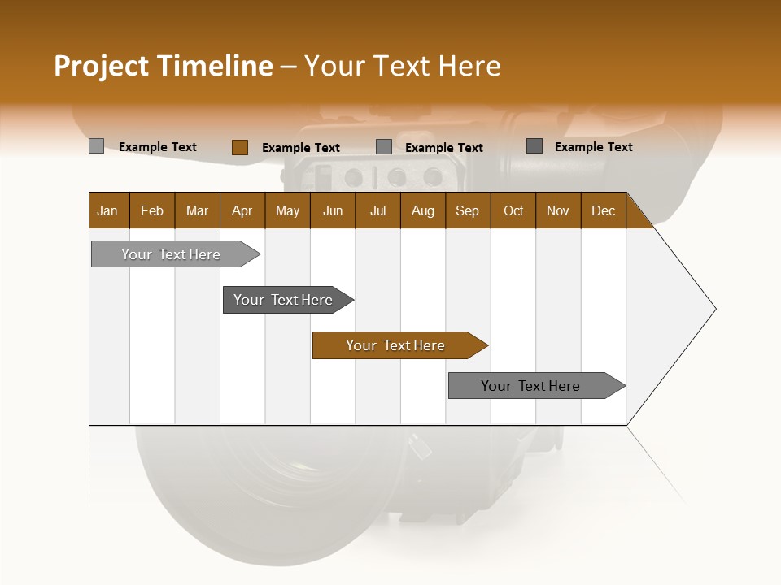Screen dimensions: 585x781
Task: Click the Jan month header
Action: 107,210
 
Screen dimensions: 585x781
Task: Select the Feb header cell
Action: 152,210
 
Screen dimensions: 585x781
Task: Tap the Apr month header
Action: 242,210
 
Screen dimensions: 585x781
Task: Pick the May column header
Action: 287,210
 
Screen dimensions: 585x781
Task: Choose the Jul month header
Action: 377,210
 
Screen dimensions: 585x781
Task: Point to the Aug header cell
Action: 422,210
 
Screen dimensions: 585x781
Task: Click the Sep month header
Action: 467,210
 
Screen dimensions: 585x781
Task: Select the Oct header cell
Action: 513,210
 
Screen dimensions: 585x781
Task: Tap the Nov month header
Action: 558,210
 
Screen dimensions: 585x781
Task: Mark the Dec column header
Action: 603,210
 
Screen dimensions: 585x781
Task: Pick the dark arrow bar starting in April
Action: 284,300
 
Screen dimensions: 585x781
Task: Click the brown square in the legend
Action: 240,147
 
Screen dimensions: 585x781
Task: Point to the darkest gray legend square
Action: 534,146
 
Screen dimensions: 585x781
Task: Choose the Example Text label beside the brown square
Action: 300,148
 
